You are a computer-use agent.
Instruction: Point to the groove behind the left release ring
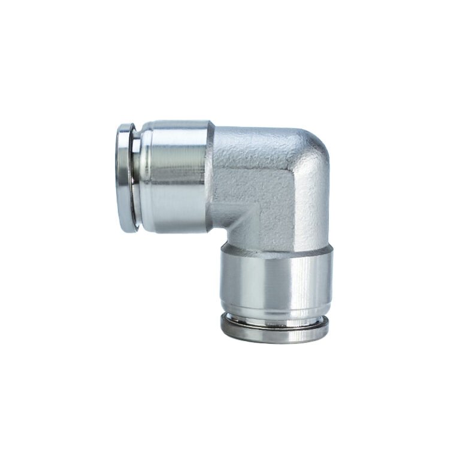tap(137, 177)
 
